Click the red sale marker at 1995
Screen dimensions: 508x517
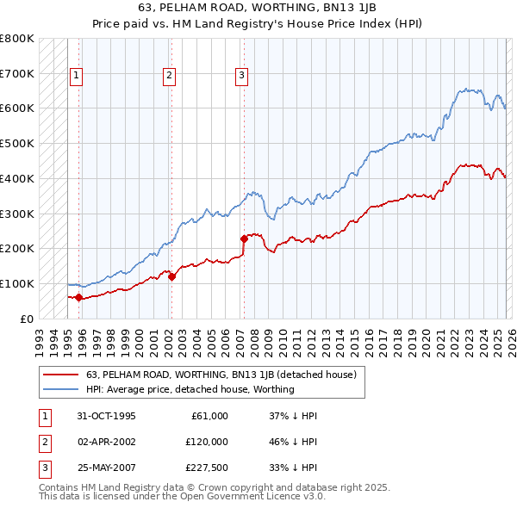[79, 297]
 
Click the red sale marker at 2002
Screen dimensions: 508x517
[171, 276]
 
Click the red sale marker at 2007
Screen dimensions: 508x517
[245, 239]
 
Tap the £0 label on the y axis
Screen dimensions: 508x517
[26, 319]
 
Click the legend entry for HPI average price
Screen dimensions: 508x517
[190, 389]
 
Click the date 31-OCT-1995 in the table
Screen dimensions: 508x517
[106, 416]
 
